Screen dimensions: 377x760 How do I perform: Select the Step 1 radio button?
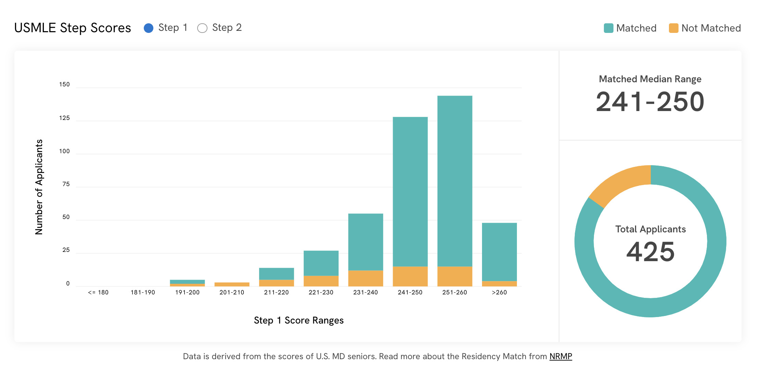click(x=149, y=28)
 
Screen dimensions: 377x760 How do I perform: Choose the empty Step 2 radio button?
click(x=202, y=28)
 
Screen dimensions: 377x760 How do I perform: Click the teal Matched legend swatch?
click(x=608, y=28)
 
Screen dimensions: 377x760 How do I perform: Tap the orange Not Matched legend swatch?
click(x=673, y=28)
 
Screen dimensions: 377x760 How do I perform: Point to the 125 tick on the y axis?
click(x=64, y=118)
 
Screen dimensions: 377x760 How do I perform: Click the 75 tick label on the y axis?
click(x=66, y=184)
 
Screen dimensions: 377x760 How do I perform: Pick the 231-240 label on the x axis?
click(x=365, y=292)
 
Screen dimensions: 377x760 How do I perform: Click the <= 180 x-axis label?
click(x=98, y=292)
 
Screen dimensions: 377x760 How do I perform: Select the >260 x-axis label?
click(x=499, y=292)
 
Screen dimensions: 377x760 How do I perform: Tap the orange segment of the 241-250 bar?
click(x=410, y=276)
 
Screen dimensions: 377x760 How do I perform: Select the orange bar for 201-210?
click(x=232, y=284)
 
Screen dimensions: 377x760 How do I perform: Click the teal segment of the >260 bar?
click(x=499, y=252)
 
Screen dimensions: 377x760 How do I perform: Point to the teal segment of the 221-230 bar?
click(x=321, y=263)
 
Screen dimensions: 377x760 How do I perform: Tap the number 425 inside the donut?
click(x=650, y=252)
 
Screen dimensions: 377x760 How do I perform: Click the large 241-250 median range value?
click(x=650, y=102)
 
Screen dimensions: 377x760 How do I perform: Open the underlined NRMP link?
click(x=560, y=356)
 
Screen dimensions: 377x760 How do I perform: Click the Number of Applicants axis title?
click(x=39, y=187)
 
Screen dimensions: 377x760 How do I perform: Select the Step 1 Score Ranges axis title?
click(x=299, y=320)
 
